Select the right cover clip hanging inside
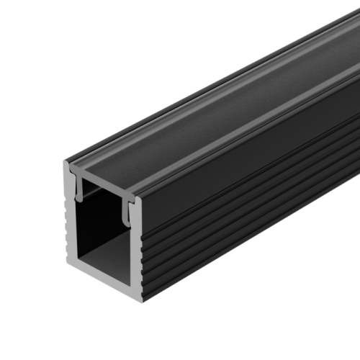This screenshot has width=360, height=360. point(130,213)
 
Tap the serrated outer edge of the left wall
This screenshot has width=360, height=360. point(64,230)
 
